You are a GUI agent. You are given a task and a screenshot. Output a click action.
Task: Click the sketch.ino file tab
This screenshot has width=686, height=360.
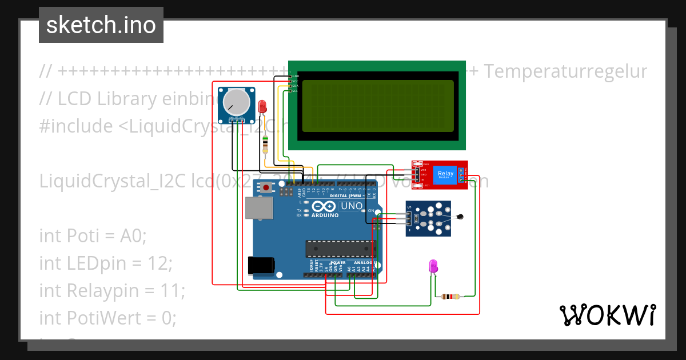coord(101,25)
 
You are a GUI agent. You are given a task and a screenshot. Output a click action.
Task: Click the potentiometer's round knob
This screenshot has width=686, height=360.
coord(236,102)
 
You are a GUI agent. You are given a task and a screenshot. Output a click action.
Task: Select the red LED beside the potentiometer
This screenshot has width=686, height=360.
coord(262,106)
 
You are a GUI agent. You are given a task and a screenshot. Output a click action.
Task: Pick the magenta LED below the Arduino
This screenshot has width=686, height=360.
coord(433,266)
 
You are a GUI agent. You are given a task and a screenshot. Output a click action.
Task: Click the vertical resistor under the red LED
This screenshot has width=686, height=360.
coord(264,145)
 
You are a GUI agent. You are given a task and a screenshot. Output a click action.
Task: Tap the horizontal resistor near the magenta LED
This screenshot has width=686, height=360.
coord(451,297)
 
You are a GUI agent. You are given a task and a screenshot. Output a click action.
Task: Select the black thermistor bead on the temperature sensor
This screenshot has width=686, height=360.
coord(461,217)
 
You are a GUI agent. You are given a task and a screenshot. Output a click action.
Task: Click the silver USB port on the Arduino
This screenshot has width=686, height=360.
coord(258,208)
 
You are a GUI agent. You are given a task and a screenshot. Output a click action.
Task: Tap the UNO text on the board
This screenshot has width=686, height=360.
coord(352,206)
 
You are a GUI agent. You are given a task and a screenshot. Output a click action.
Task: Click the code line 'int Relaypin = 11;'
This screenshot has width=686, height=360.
coord(112,290)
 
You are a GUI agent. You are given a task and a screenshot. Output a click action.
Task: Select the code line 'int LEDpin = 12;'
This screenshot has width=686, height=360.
coord(105,263)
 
